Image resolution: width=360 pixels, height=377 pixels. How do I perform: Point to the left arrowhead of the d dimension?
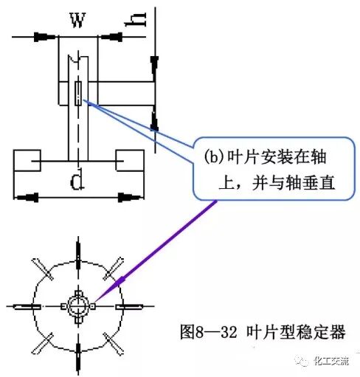click(27, 198)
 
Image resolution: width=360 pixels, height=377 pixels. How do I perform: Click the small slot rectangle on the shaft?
click(78, 94)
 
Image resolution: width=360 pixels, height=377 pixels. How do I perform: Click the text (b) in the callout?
click(213, 156)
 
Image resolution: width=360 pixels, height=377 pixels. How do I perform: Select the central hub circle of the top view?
click(77, 305)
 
